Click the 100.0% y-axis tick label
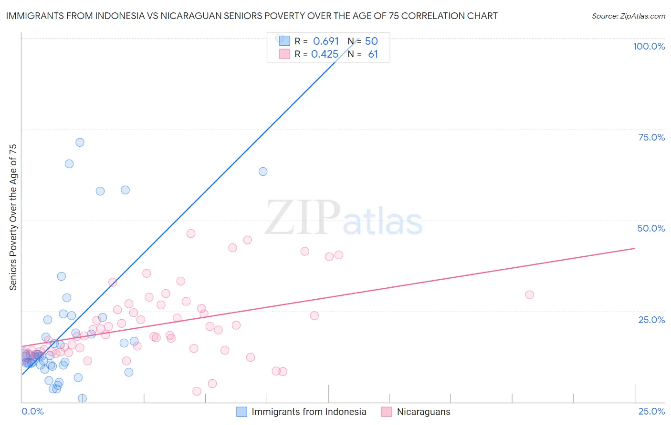[x=649, y=46]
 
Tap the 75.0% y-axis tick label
[x=651, y=137]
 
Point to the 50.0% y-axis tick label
[x=651, y=228]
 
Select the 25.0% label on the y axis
[x=651, y=320]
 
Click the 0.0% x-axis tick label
[x=32, y=411]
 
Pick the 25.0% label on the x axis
[x=651, y=411]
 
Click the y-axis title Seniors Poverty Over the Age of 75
[x=13, y=217]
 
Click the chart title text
[x=252, y=16]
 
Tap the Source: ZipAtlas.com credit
[x=628, y=16]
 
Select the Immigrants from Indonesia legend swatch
[x=242, y=412]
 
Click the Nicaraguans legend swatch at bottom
[x=387, y=412]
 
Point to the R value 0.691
[x=326, y=41]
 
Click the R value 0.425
[x=325, y=54]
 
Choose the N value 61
[x=373, y=54]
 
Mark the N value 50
[x=371, y=41]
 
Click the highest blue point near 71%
[x=80, y=142]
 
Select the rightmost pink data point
[x=529, y=295]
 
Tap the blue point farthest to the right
[x=263, y=172]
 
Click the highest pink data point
[x=191, y=233]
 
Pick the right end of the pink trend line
[x=635, y=248]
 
